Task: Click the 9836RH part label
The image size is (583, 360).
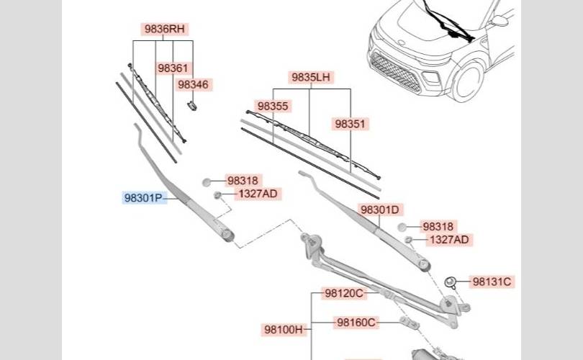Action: [164, 29]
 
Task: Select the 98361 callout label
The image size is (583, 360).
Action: [173, 68]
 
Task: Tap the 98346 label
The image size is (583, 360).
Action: [193, 85]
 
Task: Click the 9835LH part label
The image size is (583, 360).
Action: [311, 77]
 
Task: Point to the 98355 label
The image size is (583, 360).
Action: [273, 107]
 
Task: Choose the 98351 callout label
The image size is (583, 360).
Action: [351, 124]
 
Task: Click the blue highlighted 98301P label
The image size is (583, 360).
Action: [143, 198]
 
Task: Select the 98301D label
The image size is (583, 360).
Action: [380, 210]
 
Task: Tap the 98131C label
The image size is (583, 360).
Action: [492, 282]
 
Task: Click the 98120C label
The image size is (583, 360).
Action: [344, 294]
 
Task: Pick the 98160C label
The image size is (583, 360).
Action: [356, 323]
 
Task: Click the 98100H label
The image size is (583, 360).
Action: [284, 330]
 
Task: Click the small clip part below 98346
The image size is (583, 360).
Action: [192, 106]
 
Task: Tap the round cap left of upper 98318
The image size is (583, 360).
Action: [207, 182]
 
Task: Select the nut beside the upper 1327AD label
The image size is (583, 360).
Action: [217, 195]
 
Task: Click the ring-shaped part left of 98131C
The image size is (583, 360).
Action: [450, 282]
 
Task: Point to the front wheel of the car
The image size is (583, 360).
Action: [467, 81]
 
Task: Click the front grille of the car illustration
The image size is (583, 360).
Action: [395, 73]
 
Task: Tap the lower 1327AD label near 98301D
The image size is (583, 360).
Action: [449, 240]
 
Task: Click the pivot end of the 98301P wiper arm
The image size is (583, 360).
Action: [227, 234]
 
